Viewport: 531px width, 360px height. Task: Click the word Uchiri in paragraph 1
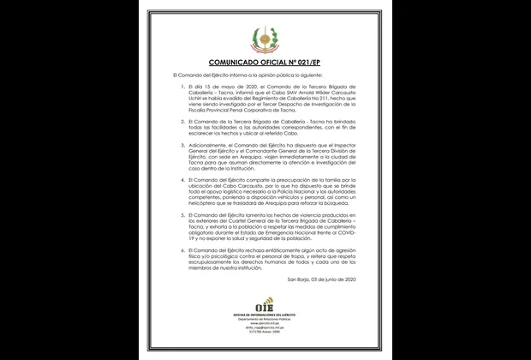click(198, 99)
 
